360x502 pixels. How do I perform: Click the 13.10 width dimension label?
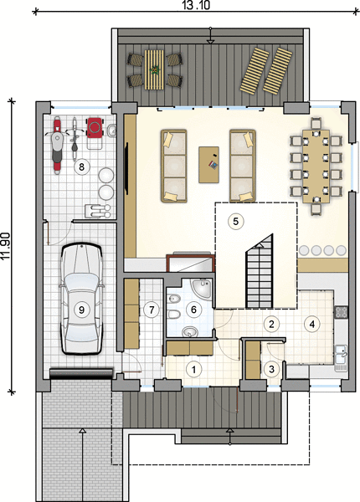[x=197, y=6]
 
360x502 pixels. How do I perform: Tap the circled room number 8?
[x=81, y=166]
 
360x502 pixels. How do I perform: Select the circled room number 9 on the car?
[x=81, y=310]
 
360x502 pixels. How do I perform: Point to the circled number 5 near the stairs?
[x=236, y=221]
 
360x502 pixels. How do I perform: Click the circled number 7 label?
[x=152, y=310]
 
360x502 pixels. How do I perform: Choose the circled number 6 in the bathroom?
[x=193, y=310]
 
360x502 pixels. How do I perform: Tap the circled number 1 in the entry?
[x=193, y=369]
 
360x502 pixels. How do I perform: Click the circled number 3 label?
[x=271, y=369]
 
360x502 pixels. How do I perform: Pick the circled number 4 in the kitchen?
[x=312, y=324]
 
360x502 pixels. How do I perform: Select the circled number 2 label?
[x=271, y=324]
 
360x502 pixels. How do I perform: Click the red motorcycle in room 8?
[x=57, y=145]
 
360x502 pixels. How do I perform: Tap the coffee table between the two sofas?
[x=208, y=165]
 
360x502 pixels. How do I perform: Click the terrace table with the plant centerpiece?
[x=156, y=69]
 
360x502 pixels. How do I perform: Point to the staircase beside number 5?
[x=260, y=270]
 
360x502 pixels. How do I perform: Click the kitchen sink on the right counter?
[x=342, y=357]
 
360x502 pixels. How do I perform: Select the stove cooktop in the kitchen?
[x=341, y=312]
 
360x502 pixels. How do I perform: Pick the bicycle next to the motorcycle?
[x=75, y=140]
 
